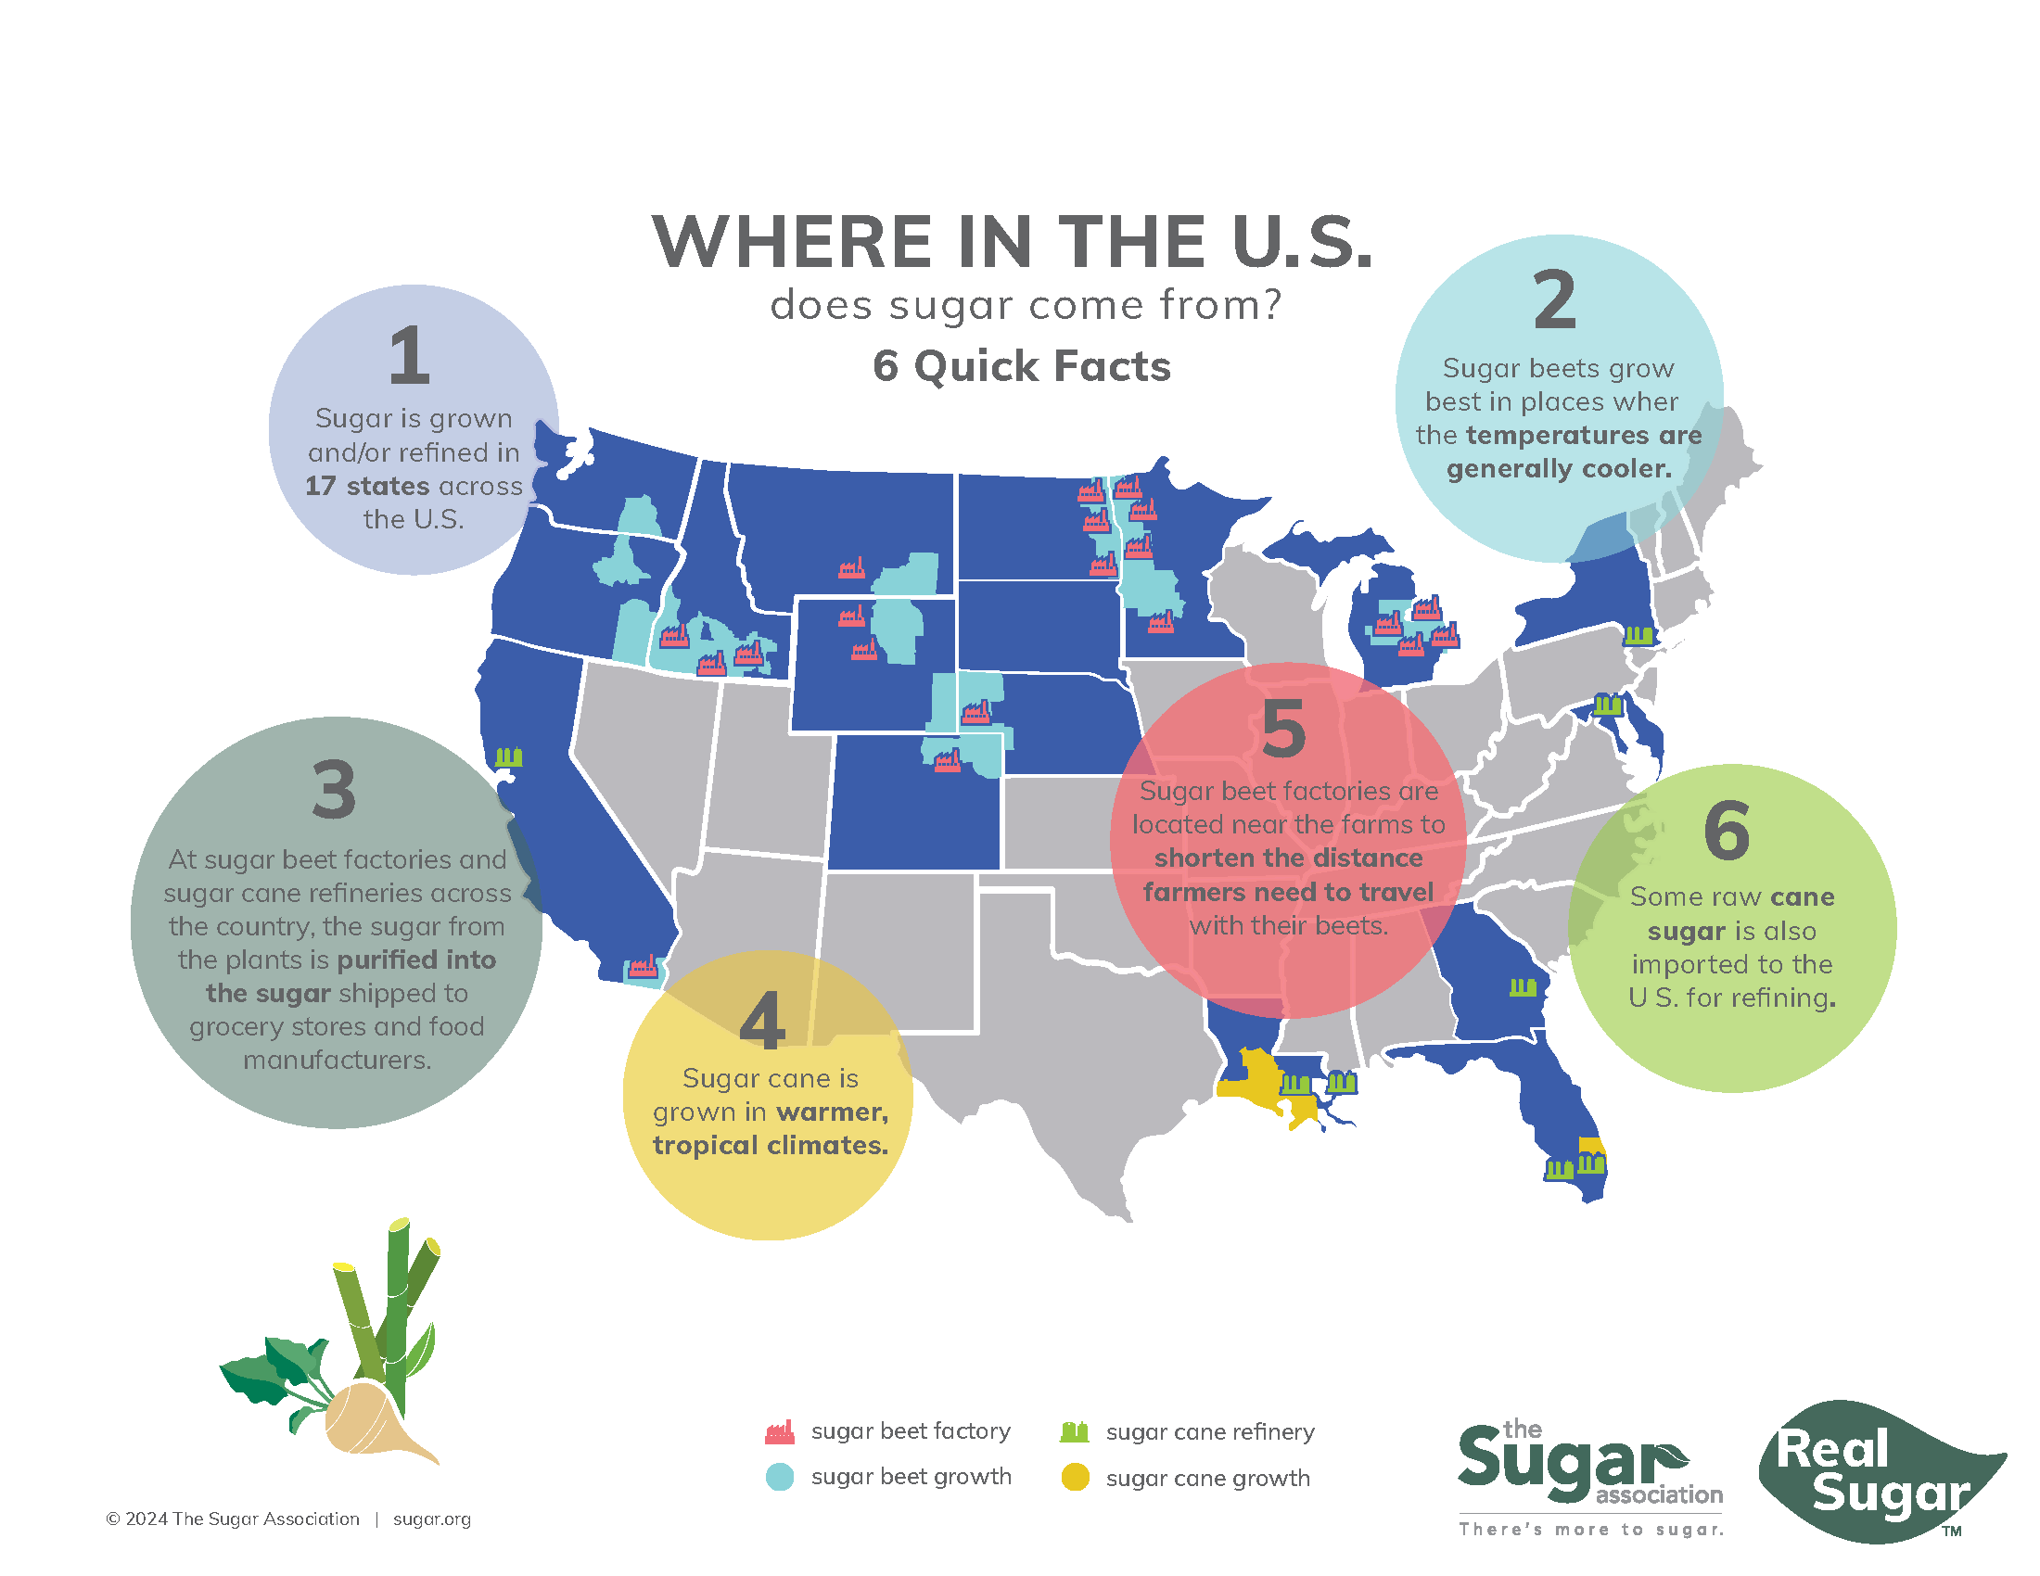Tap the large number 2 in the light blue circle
point(1554,299)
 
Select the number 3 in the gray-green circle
point(334,790)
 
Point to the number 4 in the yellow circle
point(762,1022)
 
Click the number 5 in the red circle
point(1283,730)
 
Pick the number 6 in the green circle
point(1727,830)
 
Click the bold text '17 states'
point(368,486)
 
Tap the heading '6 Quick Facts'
point(1021,366)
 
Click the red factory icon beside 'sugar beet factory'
point(780,1431)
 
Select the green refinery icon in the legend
point(1074,1431)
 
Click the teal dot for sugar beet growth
point(780,1477)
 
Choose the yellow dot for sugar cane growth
point(1075,1477)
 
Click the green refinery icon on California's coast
point(508,756)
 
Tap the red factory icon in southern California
point(643,965)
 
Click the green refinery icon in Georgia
point(1523,986)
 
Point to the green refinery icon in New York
point(1638,635)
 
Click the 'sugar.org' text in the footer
point(431,1519)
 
